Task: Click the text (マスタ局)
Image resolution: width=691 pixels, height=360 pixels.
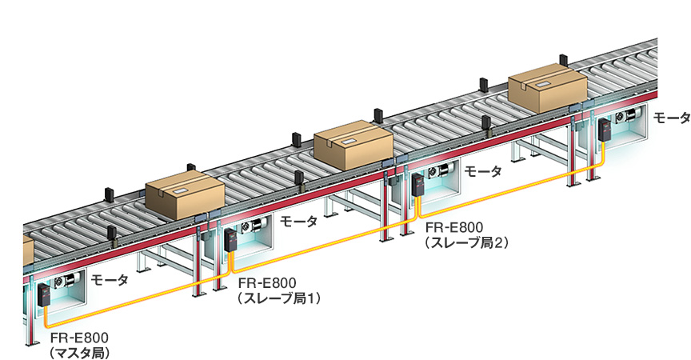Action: [x=79, y=350]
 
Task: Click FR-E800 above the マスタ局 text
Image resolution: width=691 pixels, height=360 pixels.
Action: [x=80, y=337]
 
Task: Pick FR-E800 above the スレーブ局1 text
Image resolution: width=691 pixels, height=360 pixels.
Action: [x=268, y=283]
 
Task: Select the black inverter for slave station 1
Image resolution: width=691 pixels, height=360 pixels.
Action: [x=231, y=240]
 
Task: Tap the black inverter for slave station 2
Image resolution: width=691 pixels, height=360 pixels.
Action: [x=417, y=184]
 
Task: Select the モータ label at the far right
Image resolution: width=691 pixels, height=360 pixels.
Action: [x=671, y=118]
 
